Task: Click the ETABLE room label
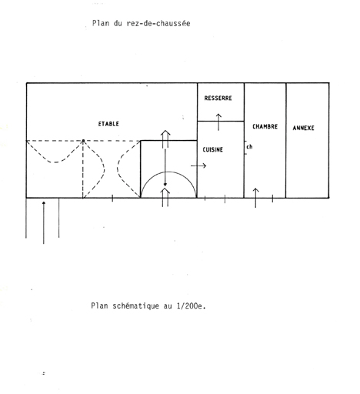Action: (108, 124)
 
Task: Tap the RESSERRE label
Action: (218, 98)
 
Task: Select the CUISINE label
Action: (212, 149)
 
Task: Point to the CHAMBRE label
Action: (265, 126)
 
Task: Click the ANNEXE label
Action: (303, 128)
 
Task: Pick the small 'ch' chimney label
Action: (249, 147)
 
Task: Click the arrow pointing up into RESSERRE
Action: (218, 122)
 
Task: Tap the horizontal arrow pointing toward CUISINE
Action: (198, 166)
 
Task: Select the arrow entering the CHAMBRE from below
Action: (255, 198)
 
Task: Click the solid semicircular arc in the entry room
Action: (168, 172)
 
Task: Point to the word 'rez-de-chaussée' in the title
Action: (158, 24)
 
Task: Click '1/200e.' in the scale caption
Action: (192, 306)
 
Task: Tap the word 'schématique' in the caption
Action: (136, 306)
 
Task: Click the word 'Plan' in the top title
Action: (101, 23)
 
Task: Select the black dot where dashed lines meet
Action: (83, 141)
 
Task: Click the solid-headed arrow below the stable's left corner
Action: (44, 222)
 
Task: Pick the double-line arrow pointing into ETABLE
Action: (165, 139)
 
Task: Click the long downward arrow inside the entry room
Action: (165, 168)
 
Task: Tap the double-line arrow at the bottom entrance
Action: (165, 197)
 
